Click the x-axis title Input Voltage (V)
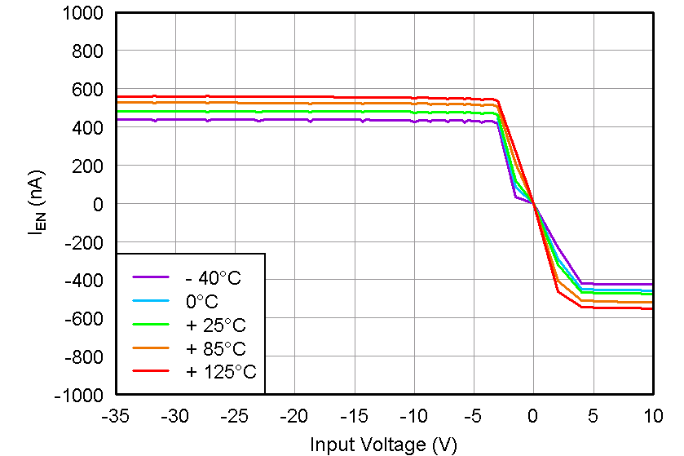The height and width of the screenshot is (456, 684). coord(383,445)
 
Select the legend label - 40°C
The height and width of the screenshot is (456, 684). coord(213,278)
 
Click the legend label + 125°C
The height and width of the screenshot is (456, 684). coord(220,372)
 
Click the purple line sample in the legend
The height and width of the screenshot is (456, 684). coord(151,278)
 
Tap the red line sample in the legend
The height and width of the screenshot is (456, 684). coord(151,372)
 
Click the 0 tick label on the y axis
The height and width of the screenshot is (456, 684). coord(98,204)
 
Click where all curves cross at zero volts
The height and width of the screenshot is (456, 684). coord(533,204)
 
